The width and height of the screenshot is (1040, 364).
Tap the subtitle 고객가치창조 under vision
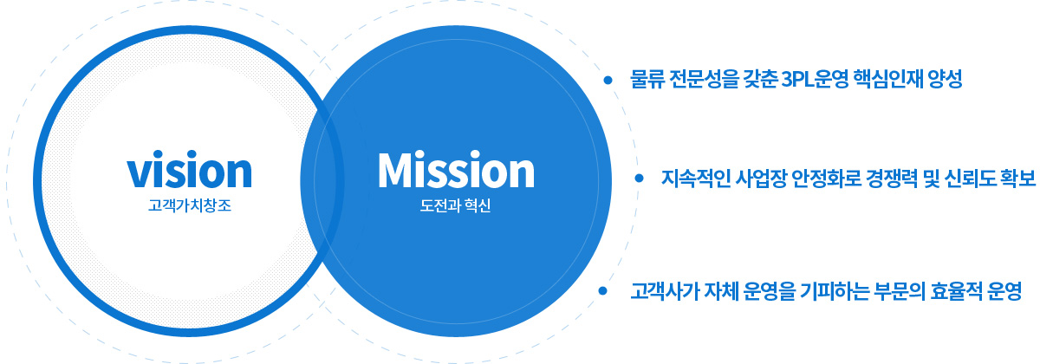pos(190,205)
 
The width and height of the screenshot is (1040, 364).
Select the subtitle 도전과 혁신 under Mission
pos(455,205)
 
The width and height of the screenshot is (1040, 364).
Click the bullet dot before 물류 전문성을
pos(608,81)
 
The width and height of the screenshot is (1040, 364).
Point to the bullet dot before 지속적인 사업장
pos(640,178)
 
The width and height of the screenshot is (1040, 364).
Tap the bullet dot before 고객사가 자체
pos(602,290)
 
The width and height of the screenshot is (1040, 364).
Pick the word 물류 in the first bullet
pos(647,80)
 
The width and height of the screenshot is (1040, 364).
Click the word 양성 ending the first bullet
pos(945,80)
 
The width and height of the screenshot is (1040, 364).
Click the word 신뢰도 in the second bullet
pos(970,179)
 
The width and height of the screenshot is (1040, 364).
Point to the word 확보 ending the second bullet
pos(1018,179)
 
